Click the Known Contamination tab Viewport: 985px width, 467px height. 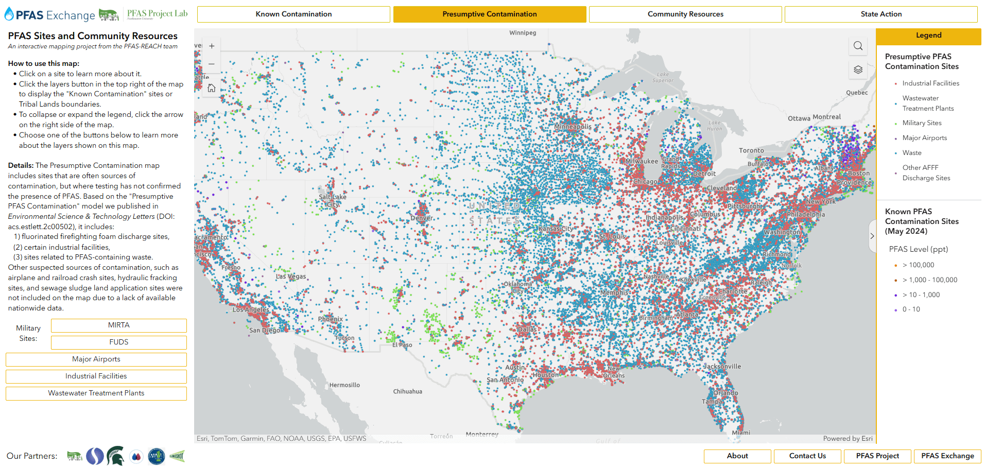click(x=293, y=14)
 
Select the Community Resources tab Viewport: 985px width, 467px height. click(x=685, y=14)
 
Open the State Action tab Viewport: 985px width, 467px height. click(x=880, y=14)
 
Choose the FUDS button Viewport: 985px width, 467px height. click(x=118, y=342)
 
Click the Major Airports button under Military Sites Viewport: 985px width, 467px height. click(x=96, y=359)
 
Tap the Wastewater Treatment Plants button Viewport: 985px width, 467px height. click(x=96, y=393)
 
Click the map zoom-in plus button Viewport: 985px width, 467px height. click(x=212, y=46)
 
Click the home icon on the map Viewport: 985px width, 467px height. click(x=212, y=89)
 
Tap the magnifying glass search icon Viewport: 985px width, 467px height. click(x=858, y=46)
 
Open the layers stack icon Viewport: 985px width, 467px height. click(x=858, y=70)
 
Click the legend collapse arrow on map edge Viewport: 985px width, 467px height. click(x=872, y=236)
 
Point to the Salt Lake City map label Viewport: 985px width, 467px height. click(x=333, y=200)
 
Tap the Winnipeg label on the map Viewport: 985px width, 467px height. click(x=523, y=33)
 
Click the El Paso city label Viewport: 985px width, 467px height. click(x=402, y=345)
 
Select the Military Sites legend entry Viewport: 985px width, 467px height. click(x=922, y=123)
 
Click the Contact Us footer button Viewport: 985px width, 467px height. click(x=807, y=456)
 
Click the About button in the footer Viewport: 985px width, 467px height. click(x=737, y=456)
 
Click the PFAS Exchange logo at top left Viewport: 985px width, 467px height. click(x=50, y=15)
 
